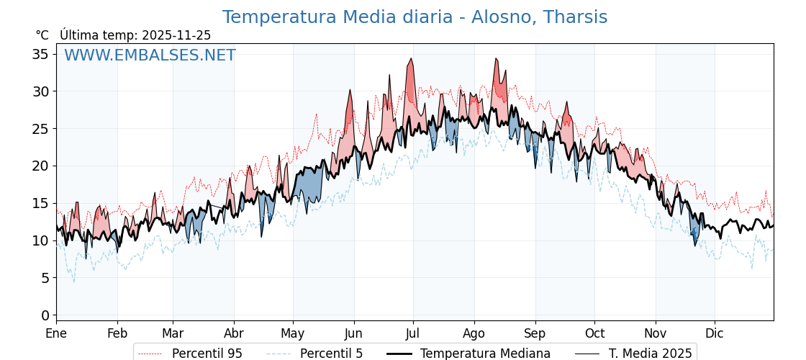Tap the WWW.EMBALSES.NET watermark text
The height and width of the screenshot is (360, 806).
click(150, 55)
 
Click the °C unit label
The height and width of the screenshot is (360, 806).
click(42, 35)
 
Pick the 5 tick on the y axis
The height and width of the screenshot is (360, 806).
click(45, 278)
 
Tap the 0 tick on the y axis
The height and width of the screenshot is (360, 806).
click(45, 315)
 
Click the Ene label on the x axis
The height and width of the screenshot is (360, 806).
click(56, 333)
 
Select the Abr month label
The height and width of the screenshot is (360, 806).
click(234, 333)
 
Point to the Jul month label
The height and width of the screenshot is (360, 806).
click(413, 333)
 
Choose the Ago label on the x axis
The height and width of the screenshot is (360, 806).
click(474, 333)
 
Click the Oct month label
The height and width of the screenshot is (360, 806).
click(594, 333)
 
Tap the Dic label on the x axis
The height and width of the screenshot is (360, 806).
click(715, 333)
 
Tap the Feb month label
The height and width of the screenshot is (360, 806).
click(117, 333)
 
